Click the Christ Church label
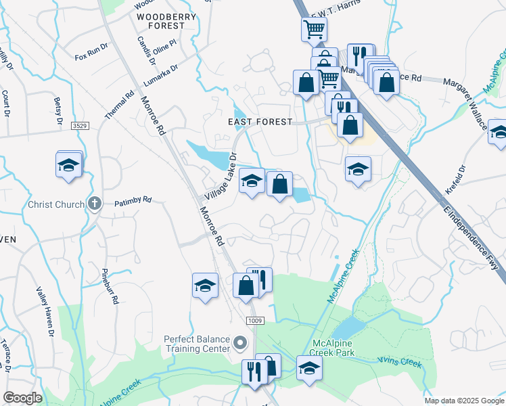pyautogui.click(x=56, y=204)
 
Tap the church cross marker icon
pyautogui.click(x=95, y=203)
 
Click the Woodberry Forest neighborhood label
pyautogui.click(x=166, y=21)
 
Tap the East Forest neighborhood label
pyautogui.click(x=260, y=122)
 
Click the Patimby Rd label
pyautogui.click(x=133, y=201)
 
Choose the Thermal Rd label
pyautogui.click(x=120, y=106)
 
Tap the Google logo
pyautogui.click(x=22, y=398)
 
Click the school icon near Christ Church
pyautogui.click(x=68, y=166)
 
